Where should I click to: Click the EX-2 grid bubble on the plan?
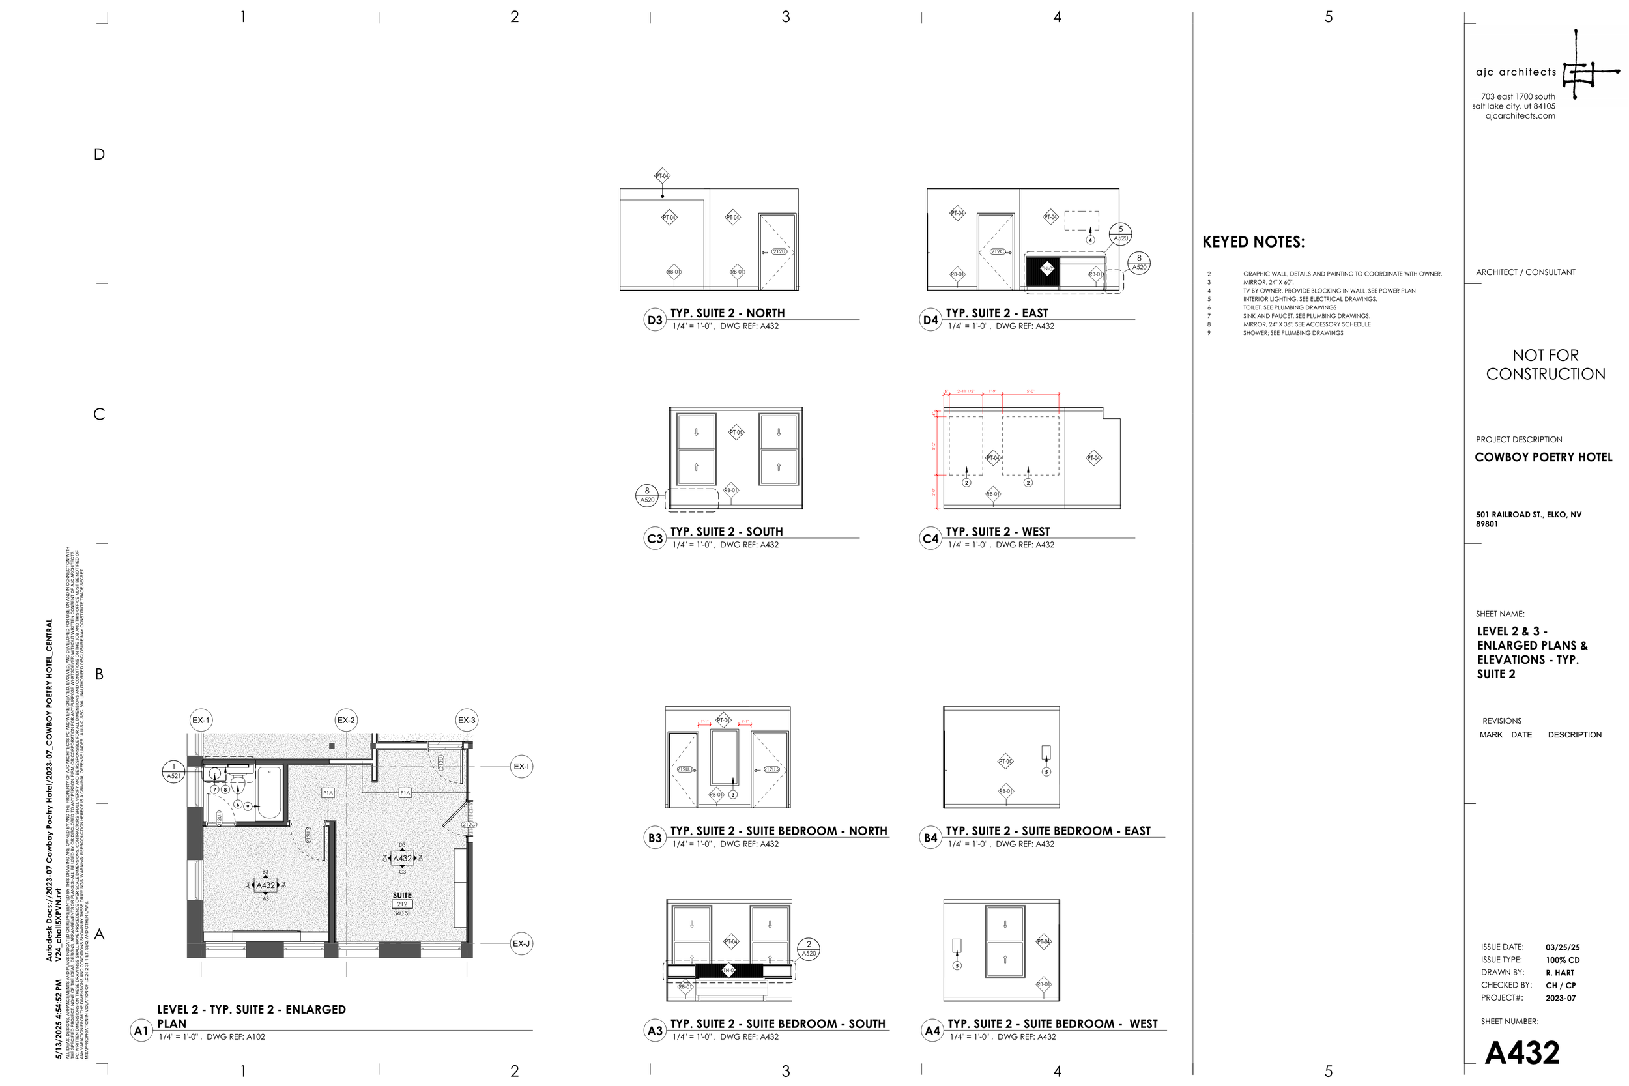coord(345,721)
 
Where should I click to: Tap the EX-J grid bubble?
coord(521,943)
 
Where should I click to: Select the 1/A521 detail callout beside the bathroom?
coord(173,771)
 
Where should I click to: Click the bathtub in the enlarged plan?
coord(269,792)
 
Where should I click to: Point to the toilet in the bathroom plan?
coord(238,786)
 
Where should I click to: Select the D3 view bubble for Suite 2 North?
coord(654,320)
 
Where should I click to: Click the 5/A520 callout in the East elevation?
coord(1120,233)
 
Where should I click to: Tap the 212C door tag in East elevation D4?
coord(998,251)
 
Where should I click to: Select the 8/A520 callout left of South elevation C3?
coord(647,495)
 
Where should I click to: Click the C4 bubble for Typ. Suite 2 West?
coord(930,539)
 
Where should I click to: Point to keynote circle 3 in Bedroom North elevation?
coord(733,794)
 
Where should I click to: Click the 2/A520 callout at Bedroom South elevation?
coord(808,949)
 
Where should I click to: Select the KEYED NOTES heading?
coord(1253,242)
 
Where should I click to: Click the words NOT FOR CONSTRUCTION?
coord(1545,364)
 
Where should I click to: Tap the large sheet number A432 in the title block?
coord(1521,1053)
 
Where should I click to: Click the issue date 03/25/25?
coord(1563,947)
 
